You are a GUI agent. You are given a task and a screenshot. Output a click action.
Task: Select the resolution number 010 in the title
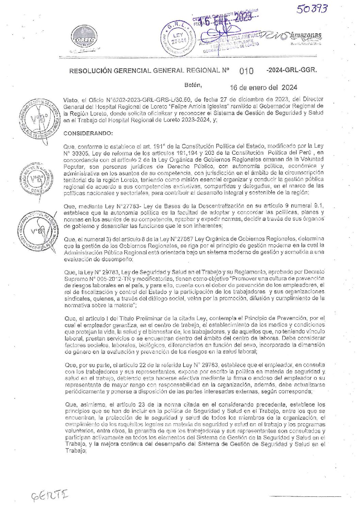(247, 71)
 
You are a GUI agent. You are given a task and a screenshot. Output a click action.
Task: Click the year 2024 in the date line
(289, 87)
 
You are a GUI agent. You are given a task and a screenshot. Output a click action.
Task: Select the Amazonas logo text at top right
(305, 36)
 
